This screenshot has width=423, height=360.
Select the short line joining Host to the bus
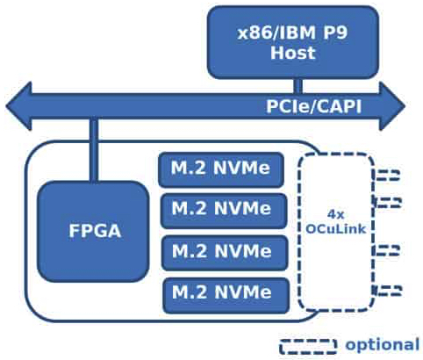tap(298, 84)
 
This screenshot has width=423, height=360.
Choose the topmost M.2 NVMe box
tap(222, 169)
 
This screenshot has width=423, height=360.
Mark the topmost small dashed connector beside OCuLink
tap(389, 175)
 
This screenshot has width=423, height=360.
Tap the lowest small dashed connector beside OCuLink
tap(389, 289)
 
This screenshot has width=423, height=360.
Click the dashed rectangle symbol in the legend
tap(307, 345)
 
